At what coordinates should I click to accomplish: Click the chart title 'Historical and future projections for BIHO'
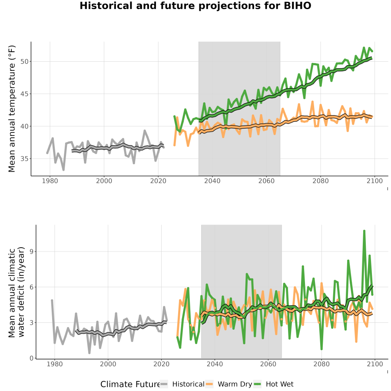pyautogui.click(x=195, y=6)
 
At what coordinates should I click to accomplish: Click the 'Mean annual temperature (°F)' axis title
pyautogui.click(x=11, y=109)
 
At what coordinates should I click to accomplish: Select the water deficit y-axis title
pyautogui.click(x=17, y=292)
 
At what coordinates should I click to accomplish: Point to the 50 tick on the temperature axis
pyautogui.click(x=24, y=62)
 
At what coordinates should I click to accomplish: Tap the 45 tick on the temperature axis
pyautogui.click(x=24, y=94)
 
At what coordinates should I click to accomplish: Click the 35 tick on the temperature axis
pyautogui.click(x=24, y=159)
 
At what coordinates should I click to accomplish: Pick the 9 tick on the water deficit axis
pyautogui.click(x=31, y=252)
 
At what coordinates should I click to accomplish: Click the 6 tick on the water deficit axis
pyautogui.click(x=31, y=287)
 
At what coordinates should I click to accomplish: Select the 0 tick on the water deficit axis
pyautogui.click(x=31, y=358)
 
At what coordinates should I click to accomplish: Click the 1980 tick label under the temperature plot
pyautogui.click(x=50, y=181)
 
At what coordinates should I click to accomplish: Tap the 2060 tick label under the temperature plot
pyautogui.click(x=266, y=181)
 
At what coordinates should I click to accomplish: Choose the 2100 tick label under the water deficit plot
pyautogui.click(x=375, y=364)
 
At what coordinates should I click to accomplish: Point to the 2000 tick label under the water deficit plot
pyautogui.click(x=108, y=364)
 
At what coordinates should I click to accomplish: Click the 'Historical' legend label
pyautogui.click(x=188, y=384)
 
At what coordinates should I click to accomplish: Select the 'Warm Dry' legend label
pyautogui.click(x=235, y=384)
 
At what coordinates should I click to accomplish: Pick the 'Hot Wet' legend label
pyautogui.click(x=280, y=384)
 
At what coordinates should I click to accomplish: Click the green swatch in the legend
pyautogui.click(x=257, y=384)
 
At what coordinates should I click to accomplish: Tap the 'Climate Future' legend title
pyautogui.click(x=130, y=384)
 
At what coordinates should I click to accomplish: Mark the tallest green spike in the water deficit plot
pyautogui.click(x=364, y=231)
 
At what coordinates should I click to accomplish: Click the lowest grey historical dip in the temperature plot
pyautogui.click(x=63, y=170)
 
